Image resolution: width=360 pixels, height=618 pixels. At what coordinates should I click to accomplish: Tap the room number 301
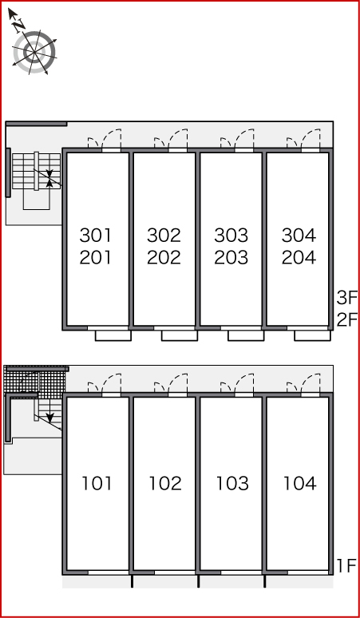click(96, 236)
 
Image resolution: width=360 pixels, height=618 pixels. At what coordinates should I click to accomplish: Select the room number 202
click(164, 257)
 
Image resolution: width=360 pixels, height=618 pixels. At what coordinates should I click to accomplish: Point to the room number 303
click(231, 236)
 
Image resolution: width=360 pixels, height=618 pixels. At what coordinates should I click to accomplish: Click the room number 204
click(299, 257)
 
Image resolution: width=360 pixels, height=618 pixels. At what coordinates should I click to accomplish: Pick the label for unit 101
click(97, 484)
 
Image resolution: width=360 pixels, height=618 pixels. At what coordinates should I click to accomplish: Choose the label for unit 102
click(165, 484)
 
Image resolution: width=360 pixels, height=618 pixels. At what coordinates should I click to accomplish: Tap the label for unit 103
click(232, 484)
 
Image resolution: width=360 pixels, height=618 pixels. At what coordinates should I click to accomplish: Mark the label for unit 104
click(300, 484)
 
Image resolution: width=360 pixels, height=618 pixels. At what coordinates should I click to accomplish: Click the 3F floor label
click(346, 298)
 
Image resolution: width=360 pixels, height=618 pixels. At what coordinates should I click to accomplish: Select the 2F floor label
click(346, 319)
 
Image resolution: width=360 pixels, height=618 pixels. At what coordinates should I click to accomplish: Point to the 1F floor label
click(346, 566)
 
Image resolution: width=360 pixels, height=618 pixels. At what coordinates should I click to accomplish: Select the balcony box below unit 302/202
click(180, 335)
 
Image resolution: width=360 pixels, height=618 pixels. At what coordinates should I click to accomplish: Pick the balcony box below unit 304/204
click(312, 335)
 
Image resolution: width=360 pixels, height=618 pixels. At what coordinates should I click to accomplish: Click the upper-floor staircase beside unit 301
click(36, 172)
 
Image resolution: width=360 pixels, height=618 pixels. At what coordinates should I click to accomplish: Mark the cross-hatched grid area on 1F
click(34, 382)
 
